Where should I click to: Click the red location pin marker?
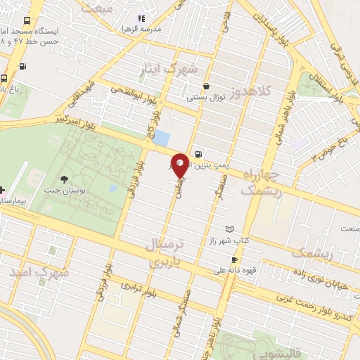tap(180, 165)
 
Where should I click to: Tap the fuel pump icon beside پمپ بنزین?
tap(199, 155)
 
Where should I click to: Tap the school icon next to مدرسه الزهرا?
tap(141, 19)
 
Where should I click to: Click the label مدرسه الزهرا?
tap(163, 28)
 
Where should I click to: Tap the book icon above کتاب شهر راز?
tap(230, 229)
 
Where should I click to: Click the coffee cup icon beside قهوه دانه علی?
tap(234, 260)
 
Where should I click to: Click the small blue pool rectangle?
tap(161, 138)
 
